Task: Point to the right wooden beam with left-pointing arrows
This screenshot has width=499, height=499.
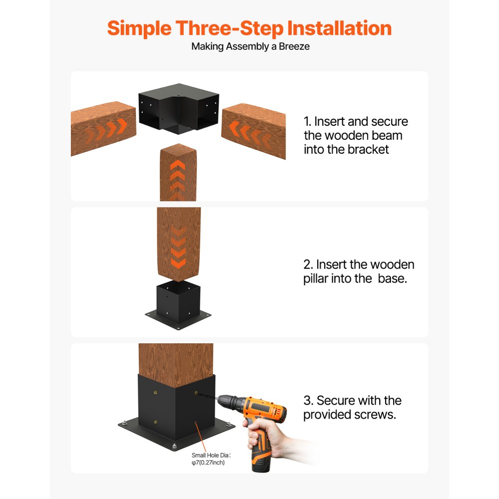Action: (x=253, y=131)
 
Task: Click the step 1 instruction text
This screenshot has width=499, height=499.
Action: (x=355, y=135)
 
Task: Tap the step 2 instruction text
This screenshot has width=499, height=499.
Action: (x=358, y=271)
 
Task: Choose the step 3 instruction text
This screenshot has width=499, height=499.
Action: (x=352, y=407)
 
